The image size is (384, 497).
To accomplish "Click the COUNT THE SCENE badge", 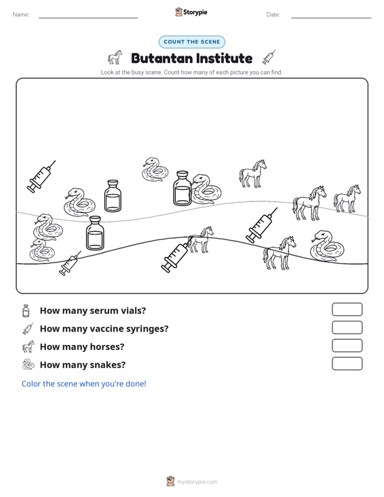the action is point(192,42).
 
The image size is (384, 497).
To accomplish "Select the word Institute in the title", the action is point(224,58).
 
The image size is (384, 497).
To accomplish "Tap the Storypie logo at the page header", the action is point(191,12).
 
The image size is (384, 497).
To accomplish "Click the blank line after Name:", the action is point(88,18).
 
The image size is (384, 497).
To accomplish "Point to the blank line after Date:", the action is point(331,18).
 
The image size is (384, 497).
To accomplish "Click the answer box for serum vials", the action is point(347,309).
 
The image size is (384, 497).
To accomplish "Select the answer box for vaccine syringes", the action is point(347,327).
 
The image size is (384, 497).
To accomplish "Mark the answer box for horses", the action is point(347,346).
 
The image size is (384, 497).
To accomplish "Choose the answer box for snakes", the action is point(347,363).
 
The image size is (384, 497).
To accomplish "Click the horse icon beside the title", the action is point(115,58).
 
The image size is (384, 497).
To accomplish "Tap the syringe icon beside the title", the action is point(269,58).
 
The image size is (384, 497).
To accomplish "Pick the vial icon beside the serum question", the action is point(26,311).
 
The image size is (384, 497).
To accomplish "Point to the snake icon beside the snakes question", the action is point(28,365).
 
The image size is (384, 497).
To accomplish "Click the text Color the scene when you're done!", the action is point(83,384).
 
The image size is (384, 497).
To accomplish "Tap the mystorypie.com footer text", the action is point(197,482).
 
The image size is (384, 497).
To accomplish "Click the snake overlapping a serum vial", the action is point(206,190).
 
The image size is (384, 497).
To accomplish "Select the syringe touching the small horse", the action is point(175,257).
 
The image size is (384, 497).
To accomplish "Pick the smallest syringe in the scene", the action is point(69,264).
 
